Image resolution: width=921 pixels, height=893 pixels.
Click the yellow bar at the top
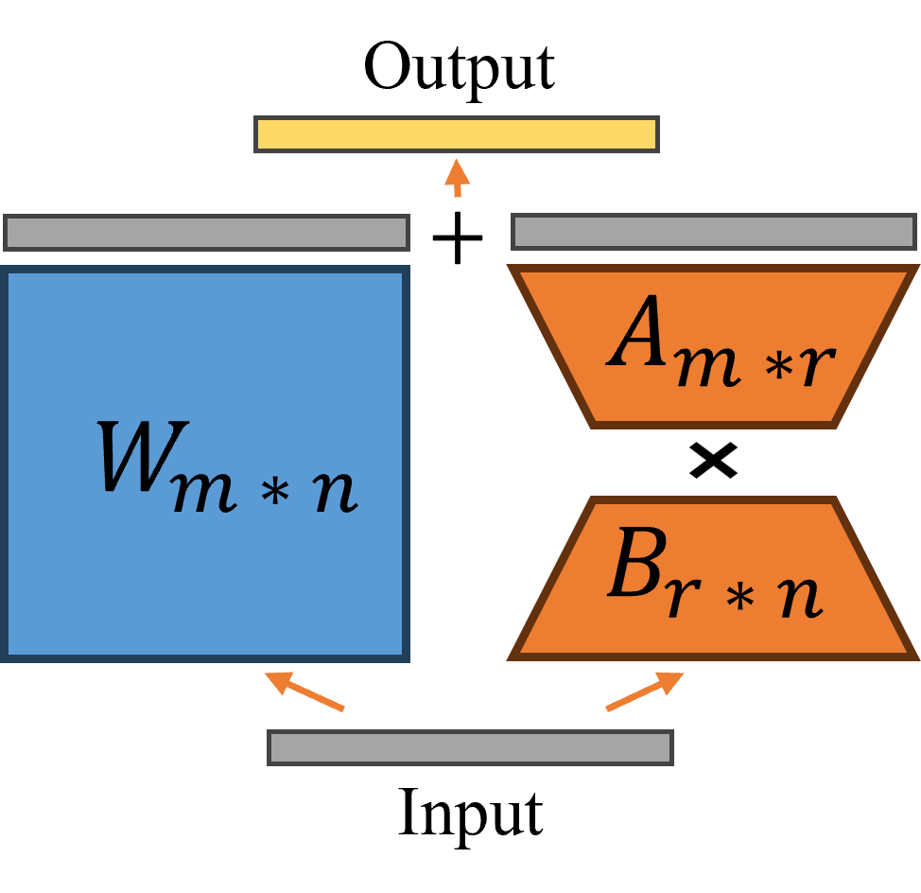tap(457, 134)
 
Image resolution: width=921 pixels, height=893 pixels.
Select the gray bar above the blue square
tap(206, 233)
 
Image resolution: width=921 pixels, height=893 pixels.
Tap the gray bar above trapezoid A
tap(714, 232)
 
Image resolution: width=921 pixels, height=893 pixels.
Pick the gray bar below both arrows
tap(470, 747)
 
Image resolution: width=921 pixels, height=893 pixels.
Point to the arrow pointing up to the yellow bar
tap(458, 177)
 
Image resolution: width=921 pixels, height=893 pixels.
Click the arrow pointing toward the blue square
tap(304, 691)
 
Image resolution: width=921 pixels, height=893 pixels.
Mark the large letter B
tap(634, 565)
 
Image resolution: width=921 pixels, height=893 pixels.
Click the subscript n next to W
tap(336, 491)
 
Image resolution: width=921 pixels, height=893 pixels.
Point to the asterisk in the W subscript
tap(273, 493)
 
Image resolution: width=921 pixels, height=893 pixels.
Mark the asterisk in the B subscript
tap(739, 598)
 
